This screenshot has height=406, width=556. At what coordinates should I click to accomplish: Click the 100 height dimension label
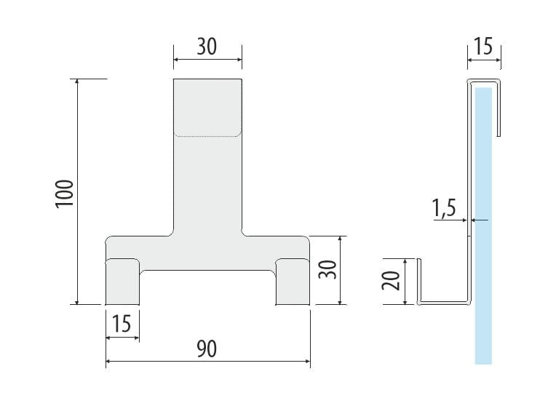coord(65,194)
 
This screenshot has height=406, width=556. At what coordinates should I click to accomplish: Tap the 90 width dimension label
coord(207,349)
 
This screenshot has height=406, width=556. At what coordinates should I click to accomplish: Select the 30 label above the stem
coord(207,47)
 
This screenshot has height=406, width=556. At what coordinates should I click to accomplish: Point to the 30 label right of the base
coord(327,269)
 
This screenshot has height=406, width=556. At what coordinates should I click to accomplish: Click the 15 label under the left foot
coord(122,323)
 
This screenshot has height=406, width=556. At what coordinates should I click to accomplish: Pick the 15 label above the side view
coord(483,47)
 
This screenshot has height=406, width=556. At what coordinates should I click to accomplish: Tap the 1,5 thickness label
coord(445,208)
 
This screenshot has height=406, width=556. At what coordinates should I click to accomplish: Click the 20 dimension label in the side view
coord(391,280)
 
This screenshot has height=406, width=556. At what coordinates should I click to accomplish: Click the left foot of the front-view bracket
coord(122,282)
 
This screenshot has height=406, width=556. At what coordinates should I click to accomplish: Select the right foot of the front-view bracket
coord(293,282)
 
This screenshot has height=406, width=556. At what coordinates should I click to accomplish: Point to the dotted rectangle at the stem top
coord(207,108)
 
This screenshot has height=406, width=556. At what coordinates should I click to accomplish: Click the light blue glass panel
coord(483,226)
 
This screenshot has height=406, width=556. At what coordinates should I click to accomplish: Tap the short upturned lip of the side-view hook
coord(418,280)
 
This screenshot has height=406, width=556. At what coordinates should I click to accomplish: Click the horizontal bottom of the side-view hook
coord(445,303)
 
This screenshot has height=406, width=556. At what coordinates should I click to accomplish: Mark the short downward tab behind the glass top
coord(499,108)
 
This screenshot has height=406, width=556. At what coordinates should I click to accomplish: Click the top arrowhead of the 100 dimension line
coord(77,82)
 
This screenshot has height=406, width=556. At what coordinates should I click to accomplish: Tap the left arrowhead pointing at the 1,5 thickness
coord(464,220)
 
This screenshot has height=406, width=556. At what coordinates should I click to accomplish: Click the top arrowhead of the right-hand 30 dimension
coord(340,239)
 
